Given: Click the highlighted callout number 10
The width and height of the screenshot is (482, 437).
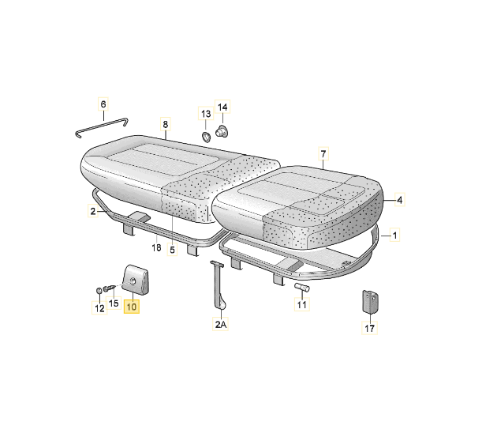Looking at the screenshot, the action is pos(132,307).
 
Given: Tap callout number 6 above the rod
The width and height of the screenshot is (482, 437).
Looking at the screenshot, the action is pos(103,104).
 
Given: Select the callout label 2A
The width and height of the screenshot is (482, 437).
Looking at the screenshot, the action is pos(220,324).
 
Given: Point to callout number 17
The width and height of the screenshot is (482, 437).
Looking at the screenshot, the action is pos(369,328).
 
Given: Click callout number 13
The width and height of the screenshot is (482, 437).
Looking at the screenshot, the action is pos(206,114).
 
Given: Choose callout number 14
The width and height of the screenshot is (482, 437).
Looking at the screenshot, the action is pos(222,107).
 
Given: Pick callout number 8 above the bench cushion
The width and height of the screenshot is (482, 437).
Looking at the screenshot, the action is pos(166,125).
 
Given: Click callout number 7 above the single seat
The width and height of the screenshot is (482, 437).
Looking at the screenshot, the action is pos(323,153).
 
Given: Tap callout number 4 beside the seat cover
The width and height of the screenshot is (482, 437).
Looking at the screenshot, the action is pos(399,200).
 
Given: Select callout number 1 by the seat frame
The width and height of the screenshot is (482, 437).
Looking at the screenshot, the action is pos(394,236).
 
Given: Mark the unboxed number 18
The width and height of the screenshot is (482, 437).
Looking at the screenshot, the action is pos(156,247).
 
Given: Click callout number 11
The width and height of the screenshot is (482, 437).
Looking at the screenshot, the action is pos(302,304).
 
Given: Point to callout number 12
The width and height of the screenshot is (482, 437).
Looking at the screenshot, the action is pos(99,308).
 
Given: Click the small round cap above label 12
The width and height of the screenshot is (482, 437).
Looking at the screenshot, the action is pos(99,291).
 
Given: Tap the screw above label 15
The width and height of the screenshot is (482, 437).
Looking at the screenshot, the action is pos(110,288).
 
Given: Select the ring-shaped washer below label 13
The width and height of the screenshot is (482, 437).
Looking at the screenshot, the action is pos(206,137).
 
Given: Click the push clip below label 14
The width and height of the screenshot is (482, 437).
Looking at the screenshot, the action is pos(222,131).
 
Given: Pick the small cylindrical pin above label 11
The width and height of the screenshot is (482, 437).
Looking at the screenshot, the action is pos(302,288).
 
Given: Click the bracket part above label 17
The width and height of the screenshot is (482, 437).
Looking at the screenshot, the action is pos(371,301).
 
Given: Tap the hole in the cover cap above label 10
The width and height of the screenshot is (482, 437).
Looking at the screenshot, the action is pos(133,281).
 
